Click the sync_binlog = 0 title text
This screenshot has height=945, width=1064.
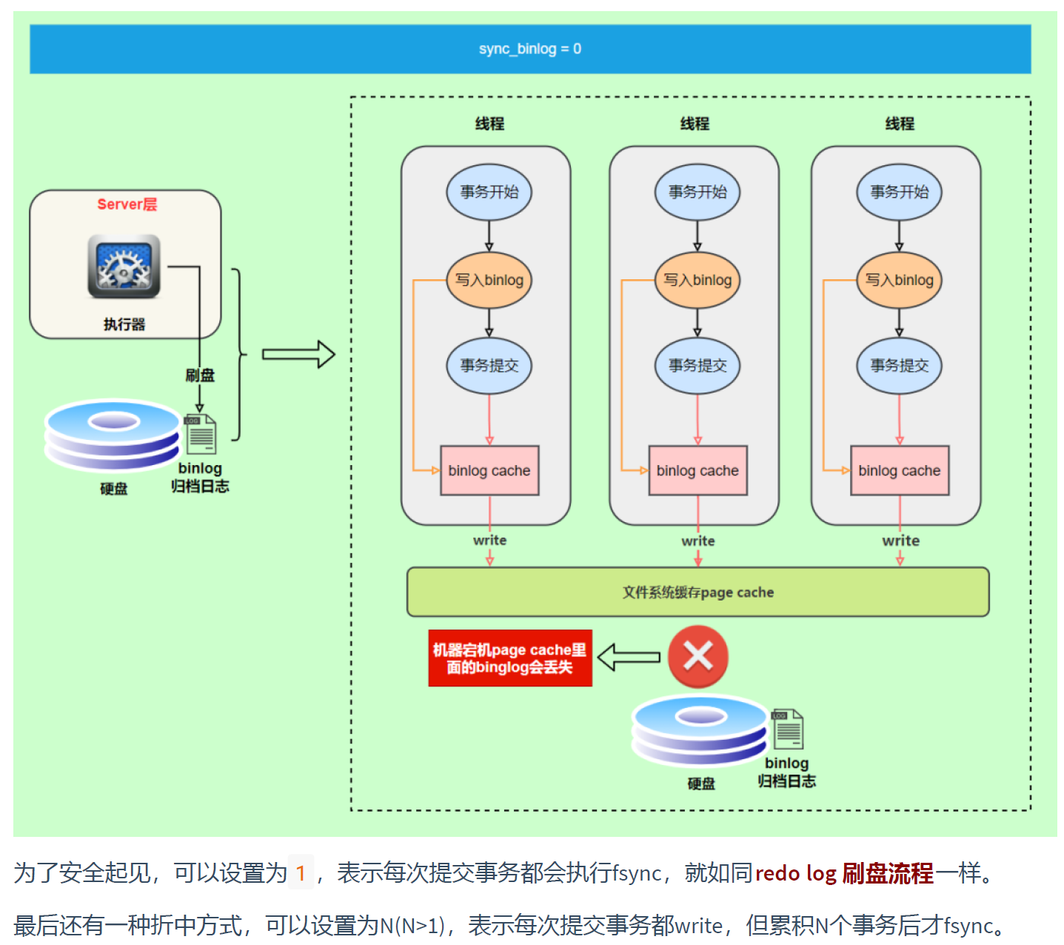click(529, 49)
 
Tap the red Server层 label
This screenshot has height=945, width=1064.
click(127, 204)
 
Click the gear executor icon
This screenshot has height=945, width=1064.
click(124, 267)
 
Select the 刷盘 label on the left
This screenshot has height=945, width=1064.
click(199, 375)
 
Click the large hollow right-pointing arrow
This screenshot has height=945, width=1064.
click(298, 355)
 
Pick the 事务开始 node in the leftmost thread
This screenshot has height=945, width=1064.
click(489, 192)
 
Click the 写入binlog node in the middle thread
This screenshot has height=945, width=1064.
click(697, 280)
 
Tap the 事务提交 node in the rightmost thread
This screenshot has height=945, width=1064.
click(899, 365)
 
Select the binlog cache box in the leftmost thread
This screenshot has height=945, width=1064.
click(489, 470)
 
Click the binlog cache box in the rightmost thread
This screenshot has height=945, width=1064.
click(899, 470)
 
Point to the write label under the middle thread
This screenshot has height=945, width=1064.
click(697, 541)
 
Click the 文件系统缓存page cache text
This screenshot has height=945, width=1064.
click(697, 592)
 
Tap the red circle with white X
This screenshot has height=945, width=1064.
click(697, 657)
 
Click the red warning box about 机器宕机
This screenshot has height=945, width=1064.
click(509, 658)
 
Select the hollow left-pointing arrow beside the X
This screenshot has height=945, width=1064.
click(629, 657)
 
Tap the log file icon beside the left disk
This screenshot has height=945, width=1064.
click(200, 434)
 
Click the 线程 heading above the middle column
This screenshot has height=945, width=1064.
click(695, 124)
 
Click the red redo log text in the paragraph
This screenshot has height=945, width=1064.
click(795, 873)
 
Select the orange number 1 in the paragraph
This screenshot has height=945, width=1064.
click(301, 873)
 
